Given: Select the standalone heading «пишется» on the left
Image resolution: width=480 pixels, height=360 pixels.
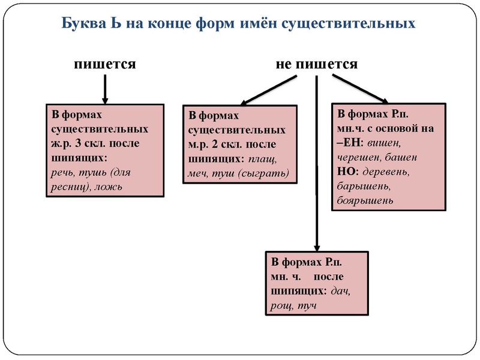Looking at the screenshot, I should click(105, 64).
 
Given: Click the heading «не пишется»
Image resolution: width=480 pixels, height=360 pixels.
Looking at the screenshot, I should click(317, 64).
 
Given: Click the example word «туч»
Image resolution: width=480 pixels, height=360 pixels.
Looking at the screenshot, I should click(306, 305).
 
